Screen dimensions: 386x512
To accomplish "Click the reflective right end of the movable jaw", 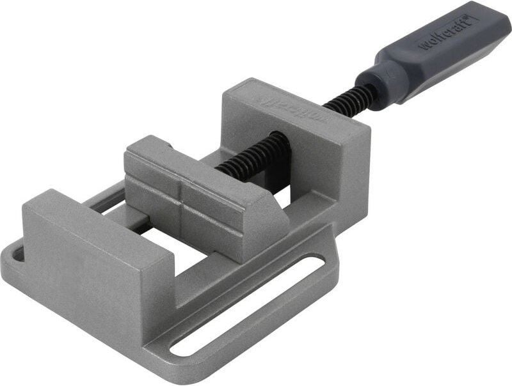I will click(x=269, y=220).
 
